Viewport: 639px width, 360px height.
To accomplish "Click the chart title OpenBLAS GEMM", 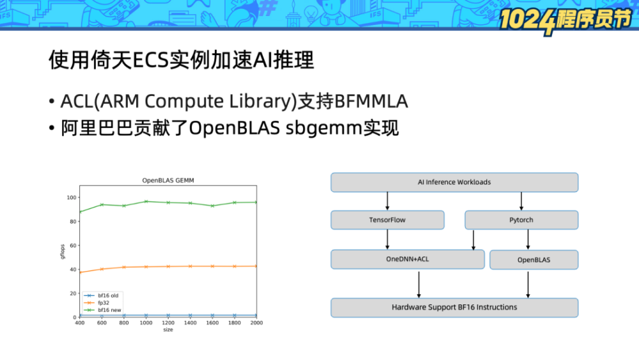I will pos(167,181).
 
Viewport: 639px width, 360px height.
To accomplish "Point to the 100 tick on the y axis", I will pos(72,198).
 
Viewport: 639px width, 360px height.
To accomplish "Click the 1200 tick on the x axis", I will pos(168,323).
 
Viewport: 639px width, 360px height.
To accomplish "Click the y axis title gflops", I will pos(63,252).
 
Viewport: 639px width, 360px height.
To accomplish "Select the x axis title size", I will pos(167,329).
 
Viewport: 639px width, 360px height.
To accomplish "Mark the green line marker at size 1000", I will pos(146,201).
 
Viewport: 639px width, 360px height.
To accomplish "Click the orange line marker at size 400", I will pos(80,272).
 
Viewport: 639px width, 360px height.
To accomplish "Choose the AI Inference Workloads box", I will pos(454,182).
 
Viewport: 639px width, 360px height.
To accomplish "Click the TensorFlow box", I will pos(387,220).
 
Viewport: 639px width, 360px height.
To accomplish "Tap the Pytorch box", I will pos(521,220).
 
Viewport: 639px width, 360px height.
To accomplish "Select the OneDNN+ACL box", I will pos(407,260).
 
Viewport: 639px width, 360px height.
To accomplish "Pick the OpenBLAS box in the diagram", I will pos(534,260).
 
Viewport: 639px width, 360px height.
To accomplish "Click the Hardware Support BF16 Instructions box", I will pos(454,308).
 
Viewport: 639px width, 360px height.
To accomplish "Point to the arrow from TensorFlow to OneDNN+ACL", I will pos(388,239).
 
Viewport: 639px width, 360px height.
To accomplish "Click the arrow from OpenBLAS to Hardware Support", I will pos(528,283).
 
